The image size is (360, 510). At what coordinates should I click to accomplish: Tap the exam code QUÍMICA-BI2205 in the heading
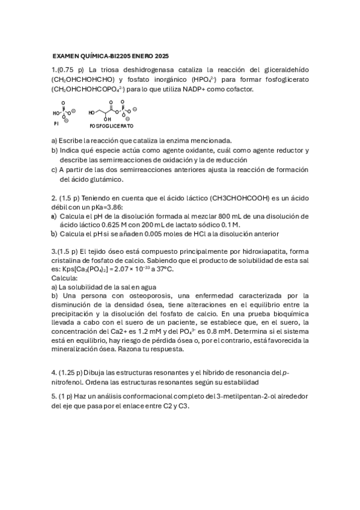99,56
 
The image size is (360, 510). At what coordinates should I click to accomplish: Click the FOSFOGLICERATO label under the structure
111,127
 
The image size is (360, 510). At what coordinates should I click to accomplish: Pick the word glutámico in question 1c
105,179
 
